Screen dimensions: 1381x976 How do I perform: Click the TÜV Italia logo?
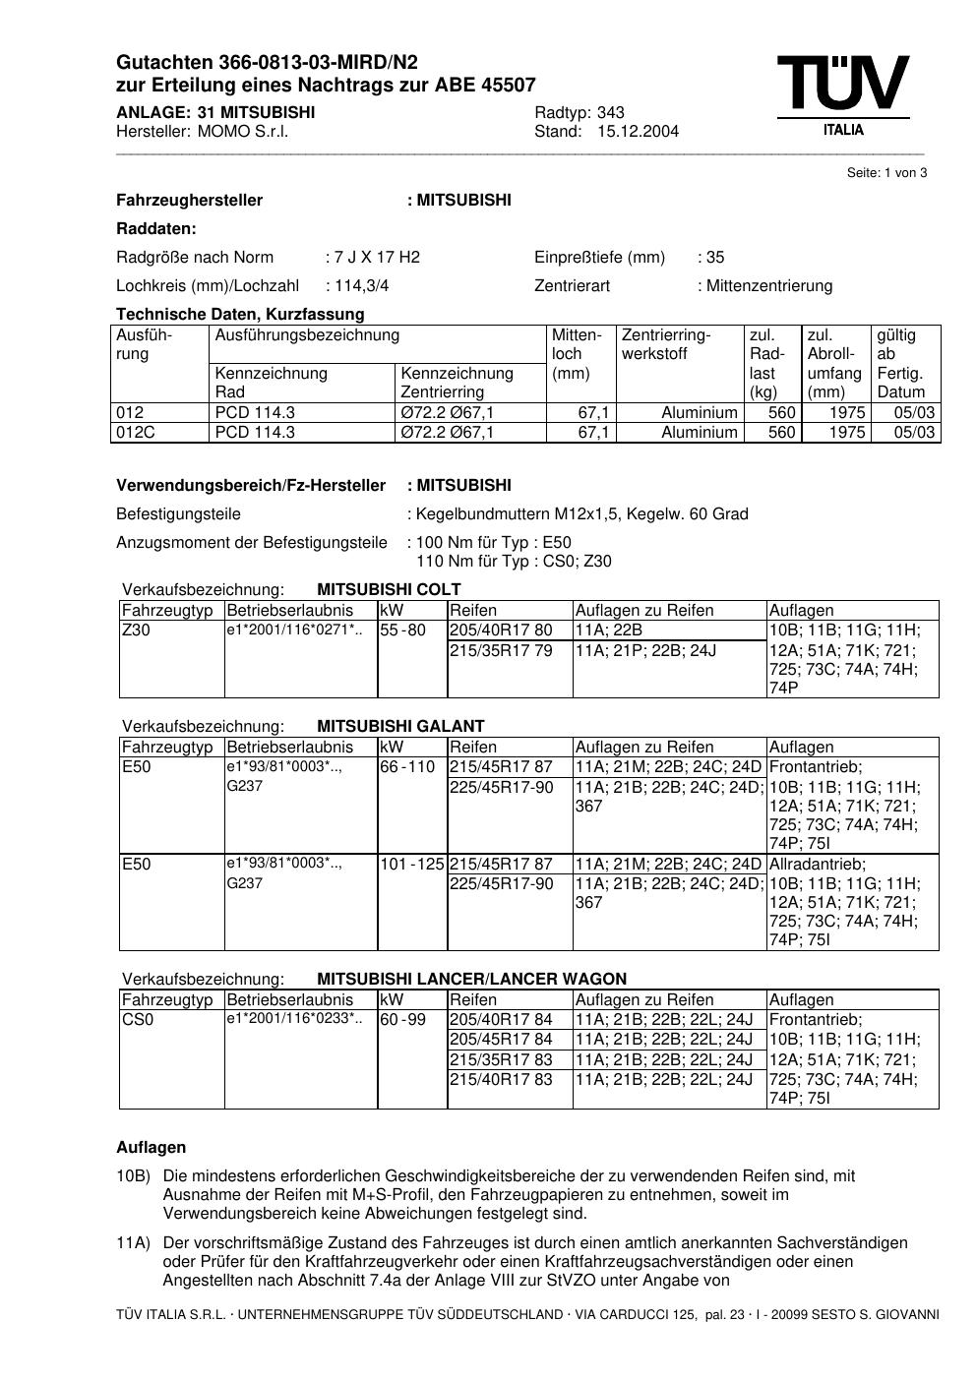(x=842, y=94)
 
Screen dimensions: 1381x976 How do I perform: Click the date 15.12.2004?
(x=638, y=132)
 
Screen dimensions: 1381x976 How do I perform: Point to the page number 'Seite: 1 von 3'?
(x=886, y=173)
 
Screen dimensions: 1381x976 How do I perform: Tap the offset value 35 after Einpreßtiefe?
(x=715, y=258)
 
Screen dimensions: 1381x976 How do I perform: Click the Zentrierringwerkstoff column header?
(x=666, y=344)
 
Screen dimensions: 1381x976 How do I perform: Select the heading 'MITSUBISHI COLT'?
(x=389, y=590)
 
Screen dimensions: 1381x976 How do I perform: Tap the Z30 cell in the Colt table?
(x=136, y=630)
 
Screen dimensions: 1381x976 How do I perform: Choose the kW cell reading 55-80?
(x=402, y=630)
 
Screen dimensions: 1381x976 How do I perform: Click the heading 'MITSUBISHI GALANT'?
(x=400, y=727)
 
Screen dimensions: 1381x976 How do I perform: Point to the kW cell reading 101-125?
(x=412, y=865)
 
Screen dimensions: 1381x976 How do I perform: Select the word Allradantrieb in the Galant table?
(x=817, y=865)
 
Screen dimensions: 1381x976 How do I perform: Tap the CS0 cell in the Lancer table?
(x=138, y=1020)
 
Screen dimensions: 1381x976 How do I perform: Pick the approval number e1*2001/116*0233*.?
(x=294, y=1019)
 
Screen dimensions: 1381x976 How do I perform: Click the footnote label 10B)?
(x=133, y=1176)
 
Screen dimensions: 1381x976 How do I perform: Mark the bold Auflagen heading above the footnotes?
(x=151, y=1148)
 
